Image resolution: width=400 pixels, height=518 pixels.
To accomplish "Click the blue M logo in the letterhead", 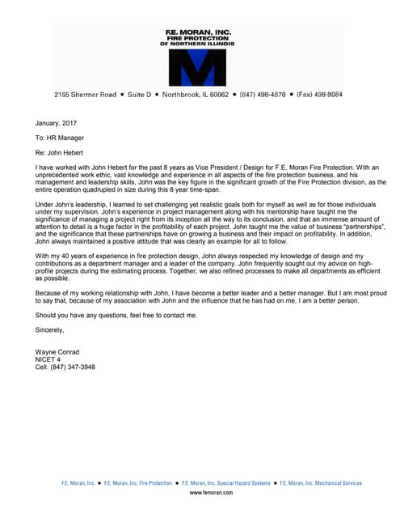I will click(x=198, y=66).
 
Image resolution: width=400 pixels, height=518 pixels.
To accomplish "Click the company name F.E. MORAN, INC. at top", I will click(x=198, y=32).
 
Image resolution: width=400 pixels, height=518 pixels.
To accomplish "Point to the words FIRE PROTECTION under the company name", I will click(x=198, y=39).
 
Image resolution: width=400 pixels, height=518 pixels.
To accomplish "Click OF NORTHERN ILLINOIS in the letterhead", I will click(x=198, y=45).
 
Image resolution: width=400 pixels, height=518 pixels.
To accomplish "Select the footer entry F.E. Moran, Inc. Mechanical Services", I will click(x=322, y=483).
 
